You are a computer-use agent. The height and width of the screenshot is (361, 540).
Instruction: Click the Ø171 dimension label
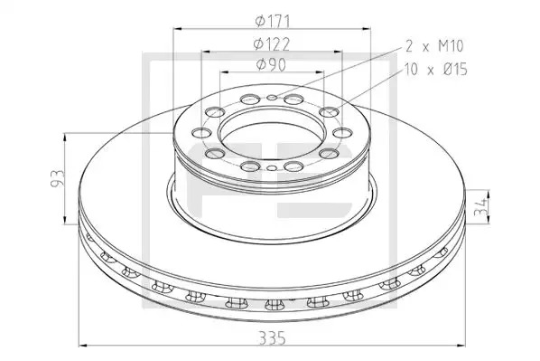pyautogui.click(x=273, y=22)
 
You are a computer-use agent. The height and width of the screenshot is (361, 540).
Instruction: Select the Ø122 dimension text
pyautogui.click(x=272, y=43)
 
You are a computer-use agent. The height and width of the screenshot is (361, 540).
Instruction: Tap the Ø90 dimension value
pyautogui.click(x=271, y=65)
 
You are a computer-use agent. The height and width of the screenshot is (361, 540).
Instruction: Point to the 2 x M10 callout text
pyautogui.click(x=434, y=46)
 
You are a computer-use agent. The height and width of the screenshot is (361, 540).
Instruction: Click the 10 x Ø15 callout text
pyautogui.click(x=436, y=69)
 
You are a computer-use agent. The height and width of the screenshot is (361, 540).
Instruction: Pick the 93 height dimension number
pyautogui.click(x=58, y=178)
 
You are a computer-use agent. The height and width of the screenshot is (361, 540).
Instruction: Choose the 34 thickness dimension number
pyautogui.click(x=480, y=206)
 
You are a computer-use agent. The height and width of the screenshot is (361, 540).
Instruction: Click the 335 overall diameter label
pyautogui.click(x=272, y=337)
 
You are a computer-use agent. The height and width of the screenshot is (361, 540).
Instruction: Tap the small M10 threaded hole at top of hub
pyautogui.click(x=272, y=98)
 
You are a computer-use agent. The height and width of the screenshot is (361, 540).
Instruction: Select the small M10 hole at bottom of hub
pyautogui.click(x=272, y=168)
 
